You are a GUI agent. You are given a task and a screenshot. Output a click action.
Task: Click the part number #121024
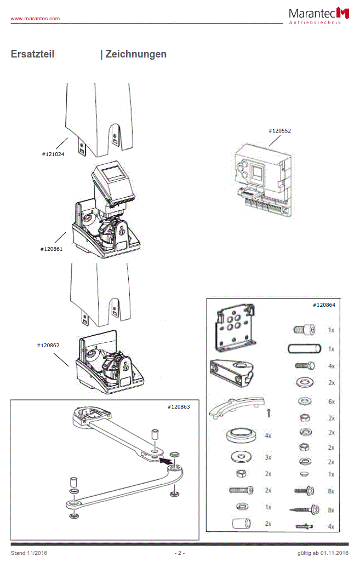pos(53,154)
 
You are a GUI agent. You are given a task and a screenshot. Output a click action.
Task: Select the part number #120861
pos(52,249)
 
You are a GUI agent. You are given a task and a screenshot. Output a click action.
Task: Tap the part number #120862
pos(48,346)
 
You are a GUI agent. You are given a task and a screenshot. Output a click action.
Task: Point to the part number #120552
pos(279,131)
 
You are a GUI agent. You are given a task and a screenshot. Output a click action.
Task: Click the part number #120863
pos(179,407)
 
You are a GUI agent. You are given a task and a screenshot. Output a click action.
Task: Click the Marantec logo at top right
pos(319,15)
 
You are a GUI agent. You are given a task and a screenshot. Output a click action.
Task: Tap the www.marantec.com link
pos(35,19)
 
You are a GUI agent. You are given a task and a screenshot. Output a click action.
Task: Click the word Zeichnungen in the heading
pos(136,54)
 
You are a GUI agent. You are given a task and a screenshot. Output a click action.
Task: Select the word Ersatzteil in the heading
pos(32,54)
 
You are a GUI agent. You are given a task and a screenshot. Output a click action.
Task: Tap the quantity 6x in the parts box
pos(331,401)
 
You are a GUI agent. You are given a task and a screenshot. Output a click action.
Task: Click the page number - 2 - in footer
pos(180,553)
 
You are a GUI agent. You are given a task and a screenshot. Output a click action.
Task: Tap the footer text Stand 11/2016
pos(29,553)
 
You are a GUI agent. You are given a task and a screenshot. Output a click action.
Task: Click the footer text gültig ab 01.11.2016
pos(319,553)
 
